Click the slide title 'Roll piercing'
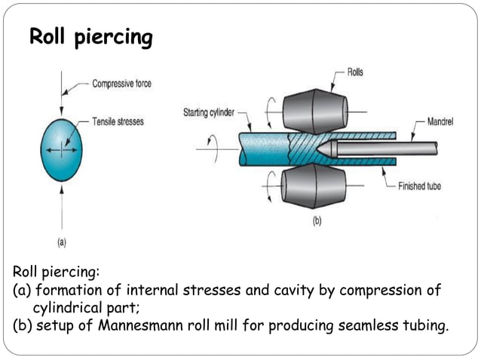pos(90,38)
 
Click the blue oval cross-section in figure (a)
pos(61,150)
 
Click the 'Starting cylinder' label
pos(209,113)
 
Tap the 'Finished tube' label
pos(425,186)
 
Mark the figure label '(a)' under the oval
pos(62,242)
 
